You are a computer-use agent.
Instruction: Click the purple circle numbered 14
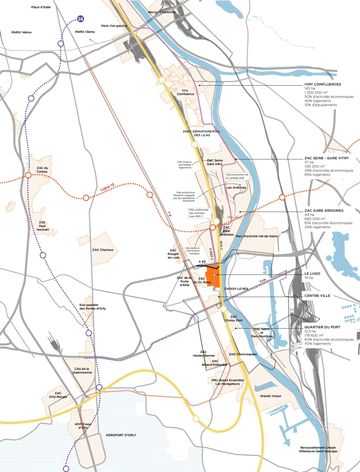[x=81, y=19]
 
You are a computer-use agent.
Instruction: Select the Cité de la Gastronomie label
[x=82, y=371]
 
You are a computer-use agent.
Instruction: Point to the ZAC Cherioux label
[x=103, y=250]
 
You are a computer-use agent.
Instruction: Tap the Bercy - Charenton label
[x=161, y=12]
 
